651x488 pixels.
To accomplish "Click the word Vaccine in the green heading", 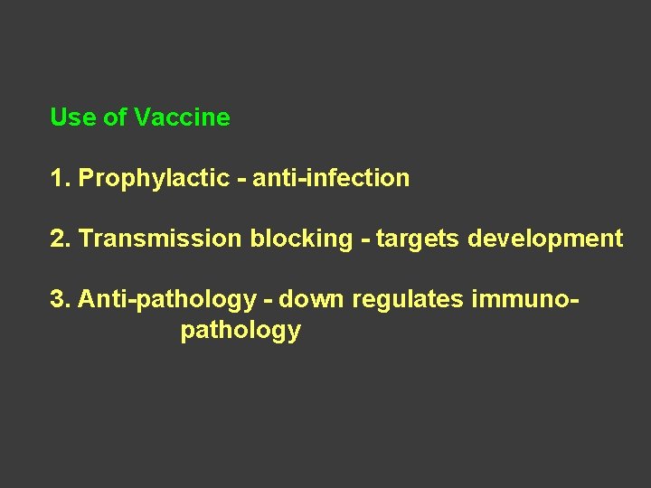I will click(x=182, y=117).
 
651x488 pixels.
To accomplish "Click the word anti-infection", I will click(x=331, y=179).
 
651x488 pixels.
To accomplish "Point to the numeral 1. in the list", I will click(x=61, y=179).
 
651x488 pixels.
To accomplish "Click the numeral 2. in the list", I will click(x=61, y=239).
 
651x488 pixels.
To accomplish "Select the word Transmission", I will click(x=161, y=239).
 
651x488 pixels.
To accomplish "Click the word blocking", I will click(x=302, y=239).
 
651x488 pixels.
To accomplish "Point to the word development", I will click(x=542, y=239).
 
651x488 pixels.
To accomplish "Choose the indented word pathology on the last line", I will click(x=241, y=331).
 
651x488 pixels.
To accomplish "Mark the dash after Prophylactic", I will click(x=241, y=179).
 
